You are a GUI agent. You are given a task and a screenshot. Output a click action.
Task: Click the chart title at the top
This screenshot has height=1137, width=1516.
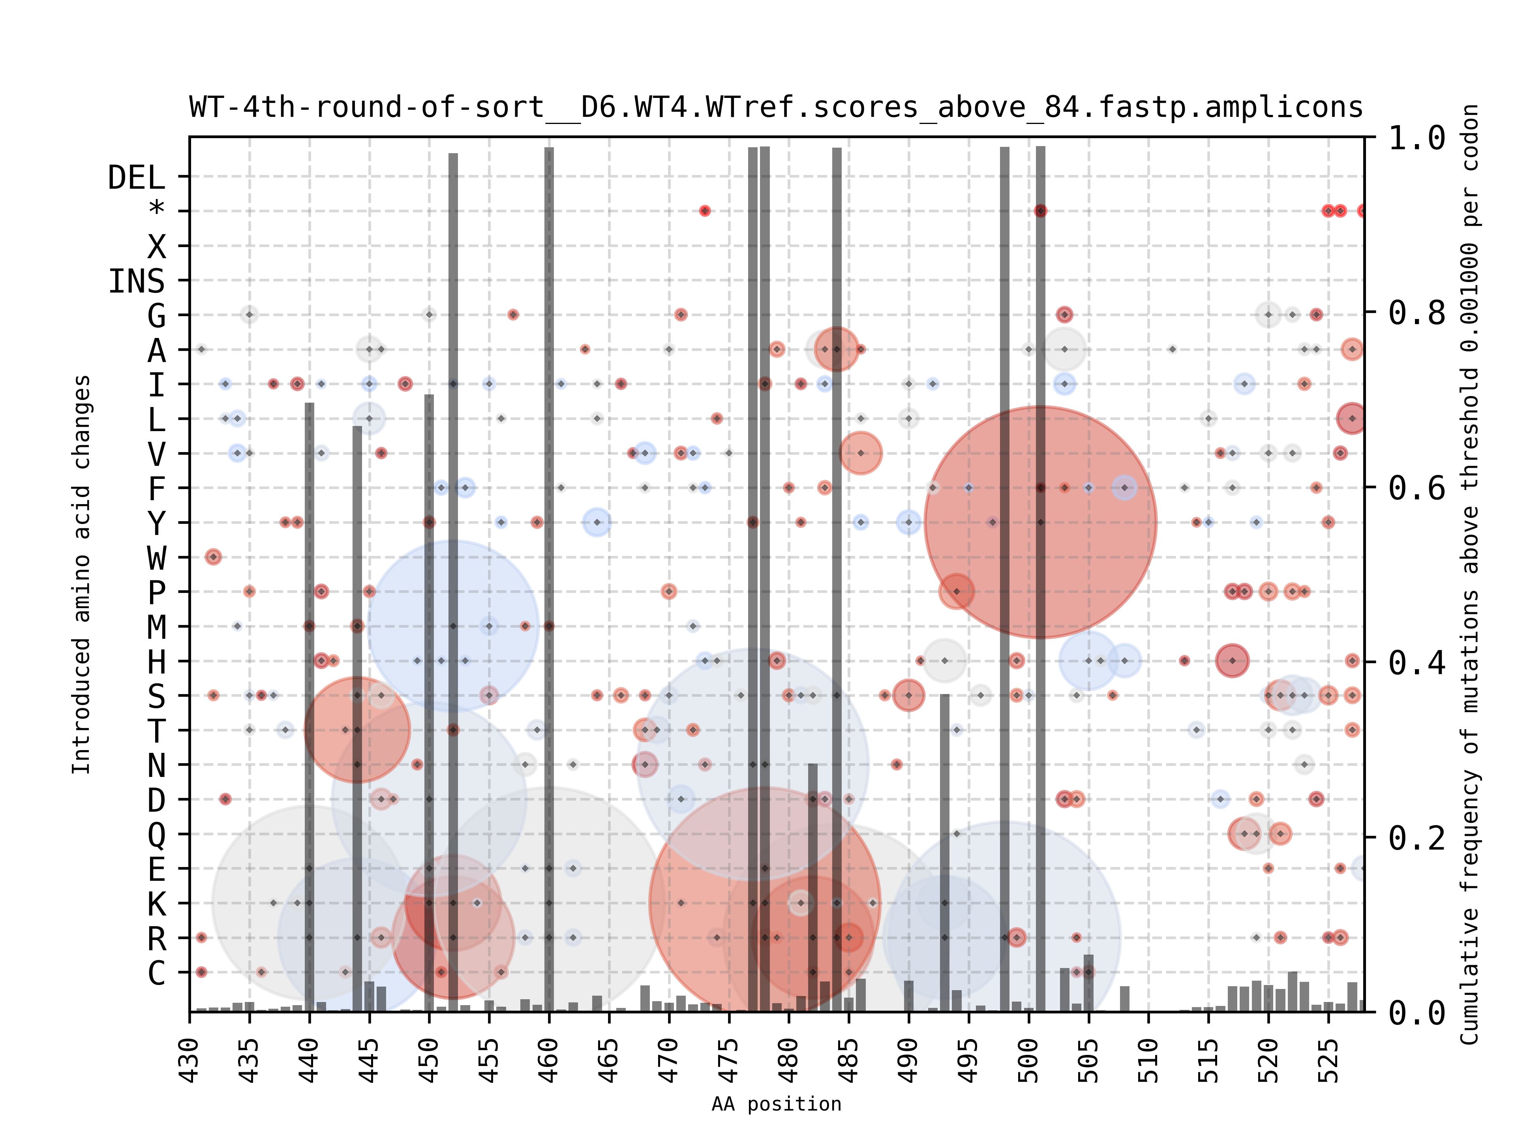[x=776, y=108]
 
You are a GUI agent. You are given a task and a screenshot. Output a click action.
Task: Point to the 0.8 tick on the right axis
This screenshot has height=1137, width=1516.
[x=1417, y=313]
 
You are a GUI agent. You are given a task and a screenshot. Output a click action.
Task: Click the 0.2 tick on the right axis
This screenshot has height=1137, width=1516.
[x=1417, y=837]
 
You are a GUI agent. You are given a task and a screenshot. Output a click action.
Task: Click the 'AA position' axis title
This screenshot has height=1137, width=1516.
[x=776, y=1104]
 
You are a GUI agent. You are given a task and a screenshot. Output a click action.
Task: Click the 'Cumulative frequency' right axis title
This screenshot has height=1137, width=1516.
[x=1469, y=574]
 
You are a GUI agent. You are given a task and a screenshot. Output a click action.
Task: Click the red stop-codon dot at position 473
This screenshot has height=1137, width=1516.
[x=705, y=211]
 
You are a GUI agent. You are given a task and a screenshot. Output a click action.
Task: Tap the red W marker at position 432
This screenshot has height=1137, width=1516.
[x=213, y=557]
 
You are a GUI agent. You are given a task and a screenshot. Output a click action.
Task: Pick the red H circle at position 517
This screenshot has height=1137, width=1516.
[x=1232, y=660]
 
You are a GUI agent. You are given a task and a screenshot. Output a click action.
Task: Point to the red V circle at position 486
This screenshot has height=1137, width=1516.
[x=860, y=453]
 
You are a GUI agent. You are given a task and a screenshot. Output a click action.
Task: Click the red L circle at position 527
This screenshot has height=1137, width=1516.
[x=1351, y=418]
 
